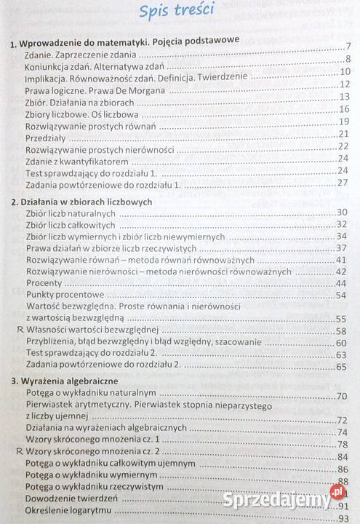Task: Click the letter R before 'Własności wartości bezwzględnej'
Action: (18, 330)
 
